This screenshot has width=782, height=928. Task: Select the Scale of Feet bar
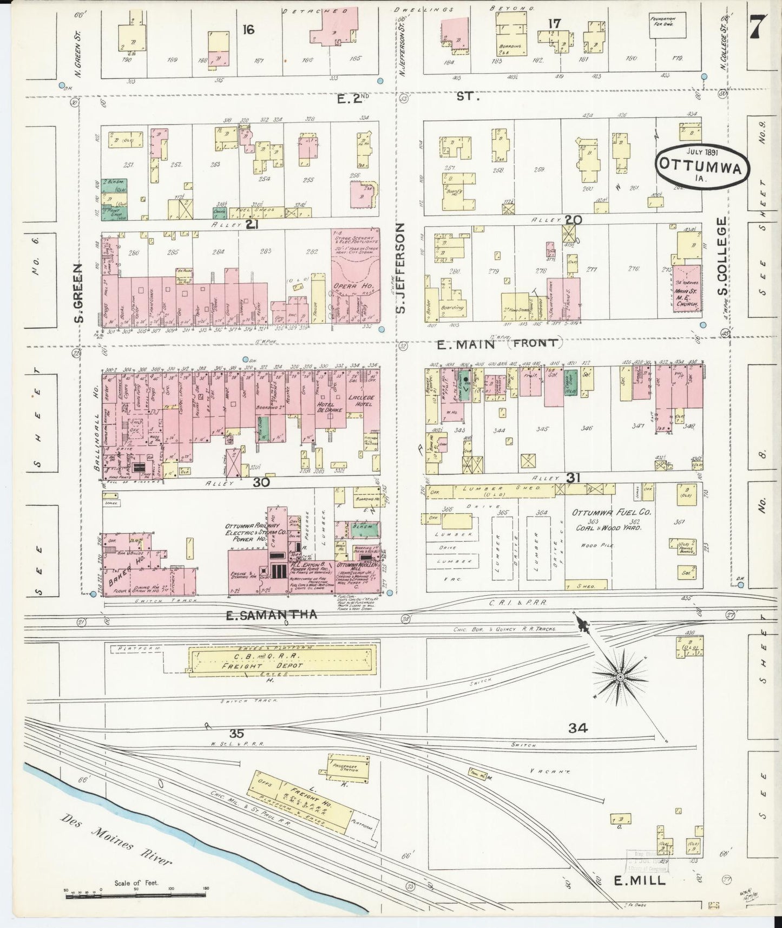(x=136, y=896)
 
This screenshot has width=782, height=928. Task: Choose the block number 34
(x=577, y=729)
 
